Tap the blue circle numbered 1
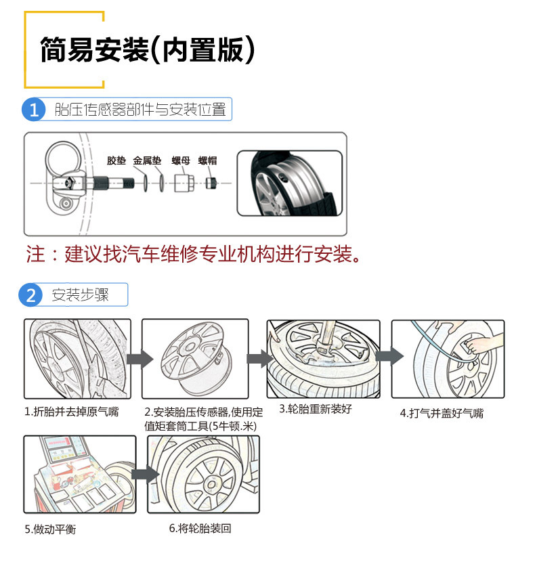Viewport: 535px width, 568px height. point(34,109)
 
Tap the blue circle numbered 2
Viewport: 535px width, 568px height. point(30,296)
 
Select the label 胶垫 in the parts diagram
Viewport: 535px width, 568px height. point(116,161)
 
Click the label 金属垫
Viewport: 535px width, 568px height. point(147,161)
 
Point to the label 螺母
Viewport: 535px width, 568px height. point(180,161)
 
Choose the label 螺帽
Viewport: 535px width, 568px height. point(207,161)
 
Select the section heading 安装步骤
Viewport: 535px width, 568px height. point(81,295)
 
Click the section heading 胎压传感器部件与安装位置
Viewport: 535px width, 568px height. point(140,109)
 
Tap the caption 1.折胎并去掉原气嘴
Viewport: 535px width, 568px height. point(72,411)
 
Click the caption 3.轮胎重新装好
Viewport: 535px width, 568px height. point(316,409)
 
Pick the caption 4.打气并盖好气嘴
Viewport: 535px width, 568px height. point(442,413)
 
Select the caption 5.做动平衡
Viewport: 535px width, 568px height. point(50,529)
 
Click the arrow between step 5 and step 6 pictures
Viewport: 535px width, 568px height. point(142,473)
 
